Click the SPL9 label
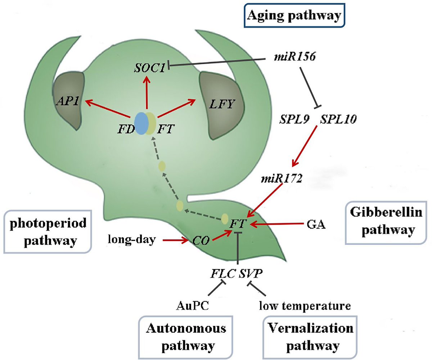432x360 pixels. (294, 120)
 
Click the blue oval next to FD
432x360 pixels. (140, 123)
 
